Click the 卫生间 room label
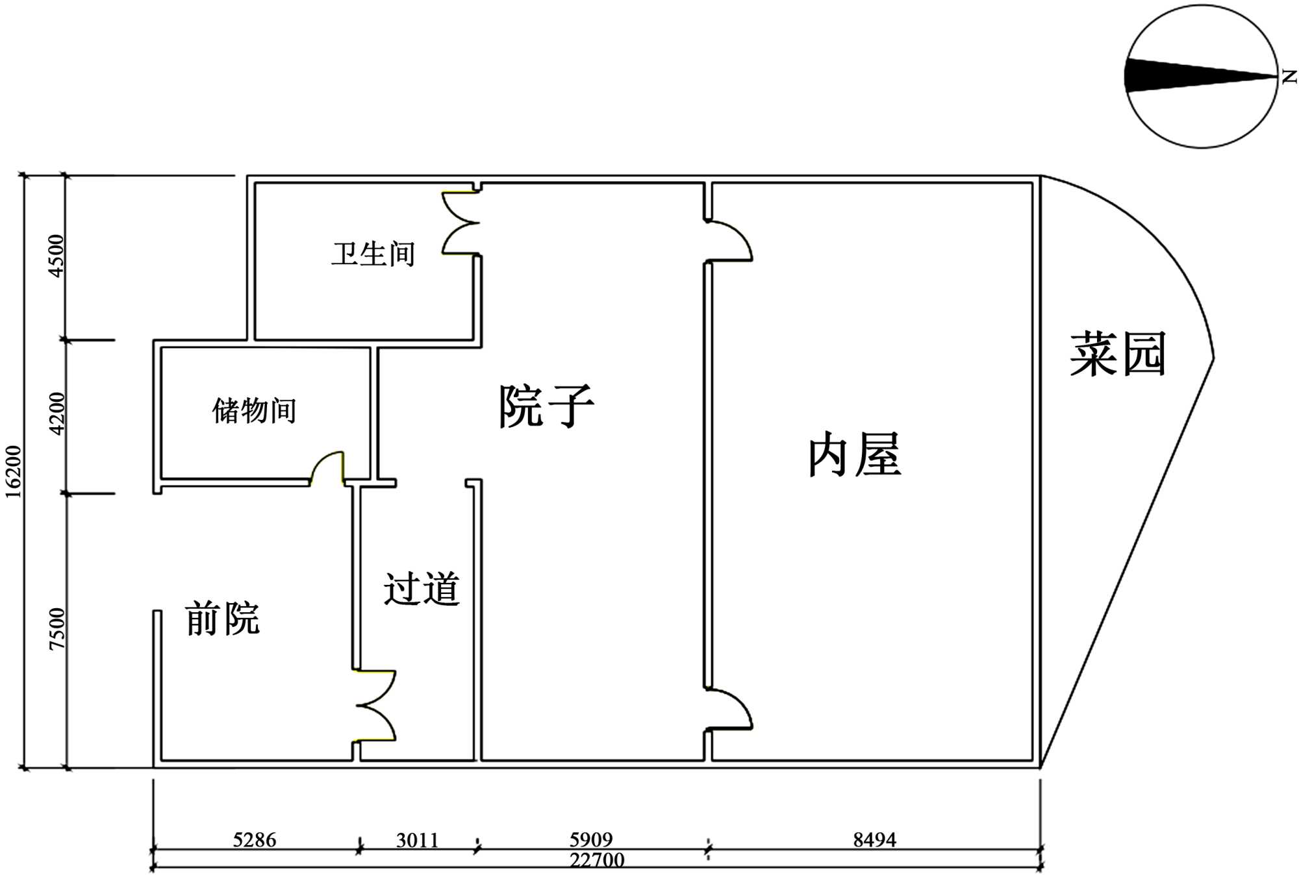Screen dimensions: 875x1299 [373, 254]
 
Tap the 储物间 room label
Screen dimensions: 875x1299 [255, 411]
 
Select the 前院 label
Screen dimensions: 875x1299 [222, 618]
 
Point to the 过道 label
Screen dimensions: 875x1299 [422, 589]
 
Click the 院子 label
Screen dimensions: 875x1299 [546, 406]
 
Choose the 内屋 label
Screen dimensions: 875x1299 [854, 455]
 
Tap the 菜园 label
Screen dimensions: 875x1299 [1118, 354]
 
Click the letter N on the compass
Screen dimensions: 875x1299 [1289, 77]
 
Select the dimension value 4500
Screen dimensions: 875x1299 [57, 256]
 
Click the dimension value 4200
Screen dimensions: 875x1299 [57, 413]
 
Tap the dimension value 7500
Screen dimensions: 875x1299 [57, 628]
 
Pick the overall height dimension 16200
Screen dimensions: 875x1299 [14, 472]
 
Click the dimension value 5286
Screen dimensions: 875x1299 [255, 840]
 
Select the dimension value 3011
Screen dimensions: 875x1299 [418, 840]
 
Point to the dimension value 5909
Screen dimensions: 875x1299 [591, 839]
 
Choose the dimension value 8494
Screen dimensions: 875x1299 [874, 839]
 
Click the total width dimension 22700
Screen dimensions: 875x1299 [597, 860]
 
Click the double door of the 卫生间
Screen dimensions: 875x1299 [460, 223]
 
